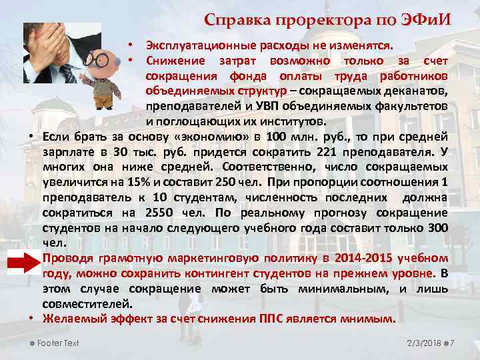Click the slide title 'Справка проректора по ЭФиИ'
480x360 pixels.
coord(327,19)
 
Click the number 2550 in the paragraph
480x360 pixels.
coord(159,213)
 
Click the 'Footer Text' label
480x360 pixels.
coord(58,343)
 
